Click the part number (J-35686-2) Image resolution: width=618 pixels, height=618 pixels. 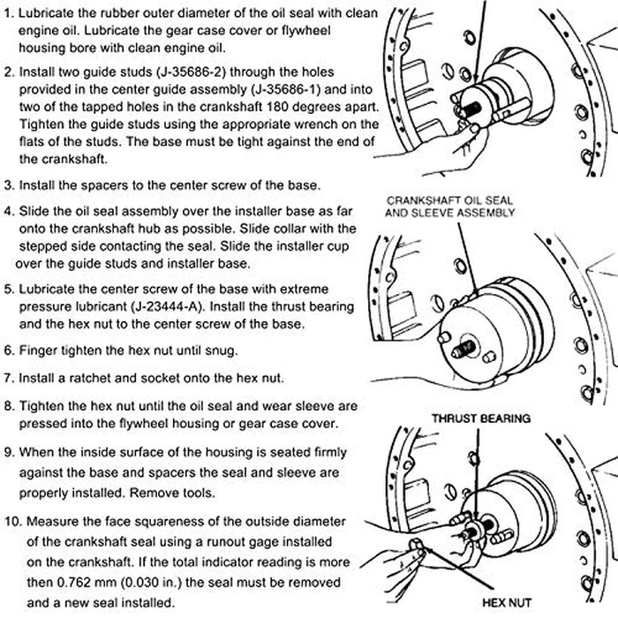199,72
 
